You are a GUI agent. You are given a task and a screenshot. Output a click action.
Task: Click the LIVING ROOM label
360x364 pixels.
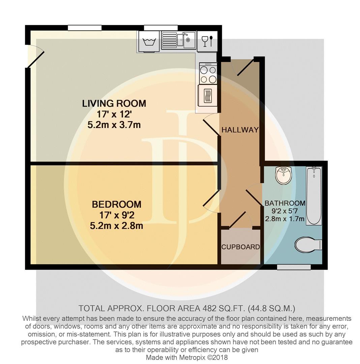click(x=114, y=103)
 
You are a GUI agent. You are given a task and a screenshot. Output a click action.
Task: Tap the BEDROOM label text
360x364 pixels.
click(x=117, y=204)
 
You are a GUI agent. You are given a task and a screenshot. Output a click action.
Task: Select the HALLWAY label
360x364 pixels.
click(x=240, y=130)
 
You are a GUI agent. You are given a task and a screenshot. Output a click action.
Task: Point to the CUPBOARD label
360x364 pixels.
click(x=240, y=247)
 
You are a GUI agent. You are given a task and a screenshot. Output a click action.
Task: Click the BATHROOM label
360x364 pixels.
click(x=285, y=203)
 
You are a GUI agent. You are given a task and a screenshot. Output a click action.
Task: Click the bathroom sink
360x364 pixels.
click(x=283, y=175)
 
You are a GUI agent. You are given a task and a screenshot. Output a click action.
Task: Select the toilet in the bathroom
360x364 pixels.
click(x=308, y=245)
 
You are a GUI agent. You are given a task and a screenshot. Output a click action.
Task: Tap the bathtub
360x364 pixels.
click(x=314, y=196)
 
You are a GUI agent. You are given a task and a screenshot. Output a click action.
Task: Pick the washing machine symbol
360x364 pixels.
click(x=149, y=41)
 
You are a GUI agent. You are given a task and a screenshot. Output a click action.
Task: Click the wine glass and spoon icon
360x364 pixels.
click(x=207, y=41)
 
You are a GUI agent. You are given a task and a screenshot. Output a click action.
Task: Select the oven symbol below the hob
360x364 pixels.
click(x=207, y=95)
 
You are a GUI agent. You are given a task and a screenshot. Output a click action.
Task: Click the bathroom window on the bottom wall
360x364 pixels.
click(x=294, y=267)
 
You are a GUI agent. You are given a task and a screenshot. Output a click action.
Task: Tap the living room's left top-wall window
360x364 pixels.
click(x=85, y=28)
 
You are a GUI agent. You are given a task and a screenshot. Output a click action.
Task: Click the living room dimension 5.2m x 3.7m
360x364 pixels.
click(x=114, y=125)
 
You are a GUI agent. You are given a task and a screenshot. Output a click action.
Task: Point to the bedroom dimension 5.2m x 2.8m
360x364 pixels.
click(x=117, y=225)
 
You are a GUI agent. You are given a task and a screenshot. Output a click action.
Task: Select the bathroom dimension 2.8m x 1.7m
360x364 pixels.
click(x=285, y=219)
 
